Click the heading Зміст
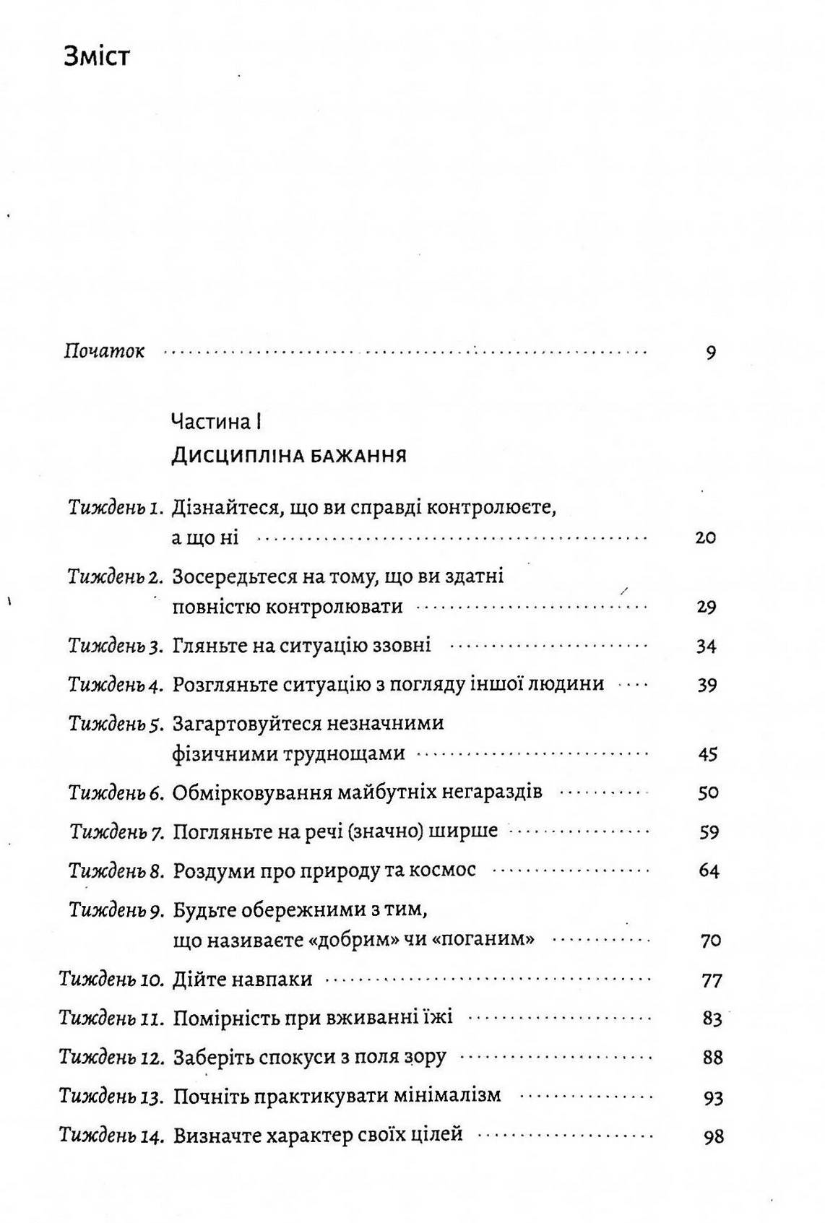pos(97,56)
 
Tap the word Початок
pos(104,352)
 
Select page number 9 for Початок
pos(710,353)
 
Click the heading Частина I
pos(215,422)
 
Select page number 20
pos(705,538)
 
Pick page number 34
pos(706,646)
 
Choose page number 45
pos(707,754)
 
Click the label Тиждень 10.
pos(112,980)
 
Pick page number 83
pos(712,1019)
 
